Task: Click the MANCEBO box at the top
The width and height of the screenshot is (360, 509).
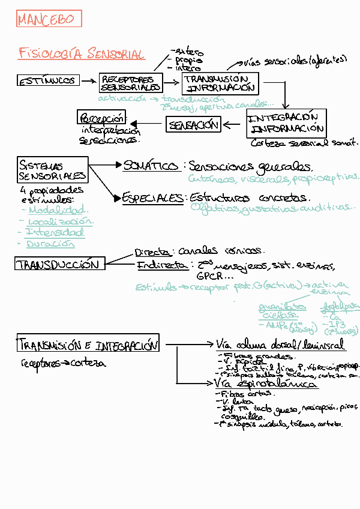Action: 49,19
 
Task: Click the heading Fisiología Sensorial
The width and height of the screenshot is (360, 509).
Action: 82,54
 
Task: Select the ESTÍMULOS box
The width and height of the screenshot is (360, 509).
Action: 48,80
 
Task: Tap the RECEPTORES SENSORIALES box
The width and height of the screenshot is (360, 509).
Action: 131,83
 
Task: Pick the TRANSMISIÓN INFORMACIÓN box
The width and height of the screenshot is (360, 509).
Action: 220,83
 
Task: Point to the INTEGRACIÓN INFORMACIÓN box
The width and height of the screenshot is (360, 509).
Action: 287,123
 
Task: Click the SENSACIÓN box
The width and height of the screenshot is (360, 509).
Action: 193,125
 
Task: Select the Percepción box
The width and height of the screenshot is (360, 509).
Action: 102,117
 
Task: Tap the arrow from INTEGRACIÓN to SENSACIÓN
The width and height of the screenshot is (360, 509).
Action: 234,125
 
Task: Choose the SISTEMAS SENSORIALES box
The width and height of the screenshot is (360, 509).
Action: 52,170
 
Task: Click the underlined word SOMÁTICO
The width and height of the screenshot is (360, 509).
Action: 151,166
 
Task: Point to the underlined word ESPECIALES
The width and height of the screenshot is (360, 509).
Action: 153,197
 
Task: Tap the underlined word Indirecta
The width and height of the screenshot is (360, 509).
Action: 162,265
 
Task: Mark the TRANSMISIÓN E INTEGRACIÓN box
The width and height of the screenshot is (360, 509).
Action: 88,345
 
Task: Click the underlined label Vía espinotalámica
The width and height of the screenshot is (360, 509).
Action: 266,383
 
